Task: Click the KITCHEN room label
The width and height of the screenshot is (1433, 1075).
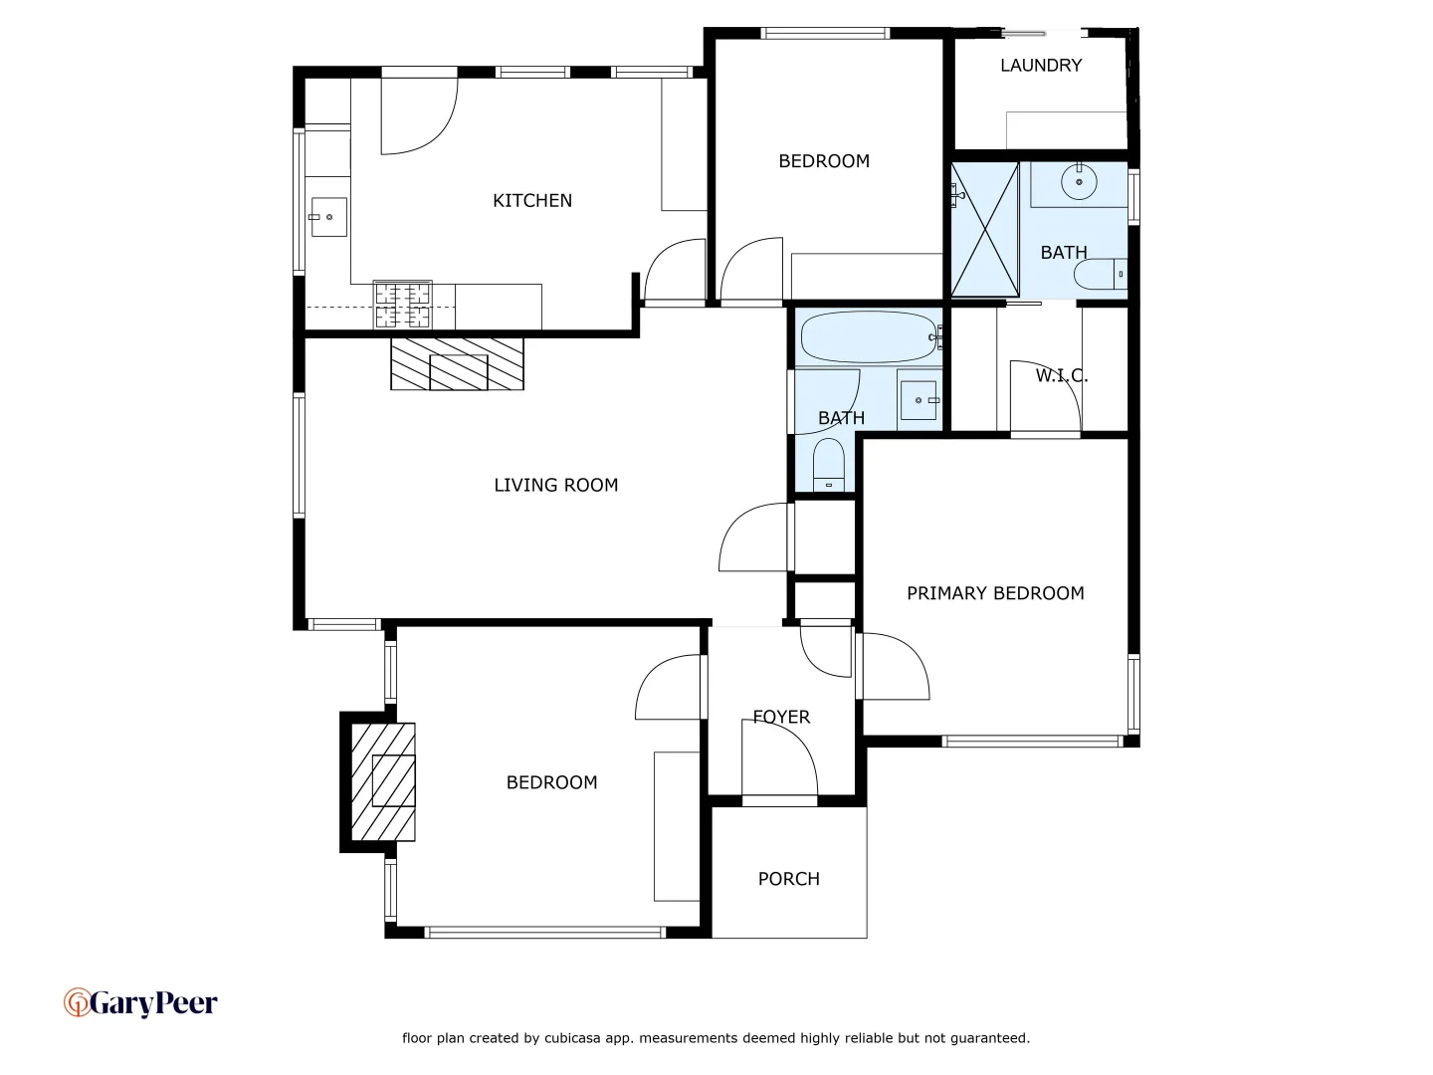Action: point(532,200)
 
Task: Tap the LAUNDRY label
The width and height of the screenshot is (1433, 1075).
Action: point(1040,65)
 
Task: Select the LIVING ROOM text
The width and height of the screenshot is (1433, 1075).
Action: point(555,485)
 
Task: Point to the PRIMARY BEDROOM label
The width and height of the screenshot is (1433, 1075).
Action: point(995,593)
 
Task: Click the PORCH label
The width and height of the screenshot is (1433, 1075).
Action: point(788,879)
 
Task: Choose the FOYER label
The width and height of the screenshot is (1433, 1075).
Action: point(781,717)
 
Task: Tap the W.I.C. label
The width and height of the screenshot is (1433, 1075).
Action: point(1061,375)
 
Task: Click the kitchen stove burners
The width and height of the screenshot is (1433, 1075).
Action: point(403,305)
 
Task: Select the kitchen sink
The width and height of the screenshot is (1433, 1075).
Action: point(328,217)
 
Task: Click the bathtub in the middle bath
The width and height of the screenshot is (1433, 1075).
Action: point(868,337)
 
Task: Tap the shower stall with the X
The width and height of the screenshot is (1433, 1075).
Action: point(984,229)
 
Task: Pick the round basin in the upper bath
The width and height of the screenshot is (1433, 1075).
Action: point(1079,182)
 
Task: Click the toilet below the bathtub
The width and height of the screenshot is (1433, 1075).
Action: point(828,466)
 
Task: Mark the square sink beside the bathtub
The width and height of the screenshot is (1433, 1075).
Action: point(919,400)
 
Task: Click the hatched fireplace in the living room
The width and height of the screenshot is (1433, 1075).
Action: point(457,364)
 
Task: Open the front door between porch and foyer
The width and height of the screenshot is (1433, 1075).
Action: point(779,799)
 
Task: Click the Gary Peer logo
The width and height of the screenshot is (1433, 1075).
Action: point(140,1003)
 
